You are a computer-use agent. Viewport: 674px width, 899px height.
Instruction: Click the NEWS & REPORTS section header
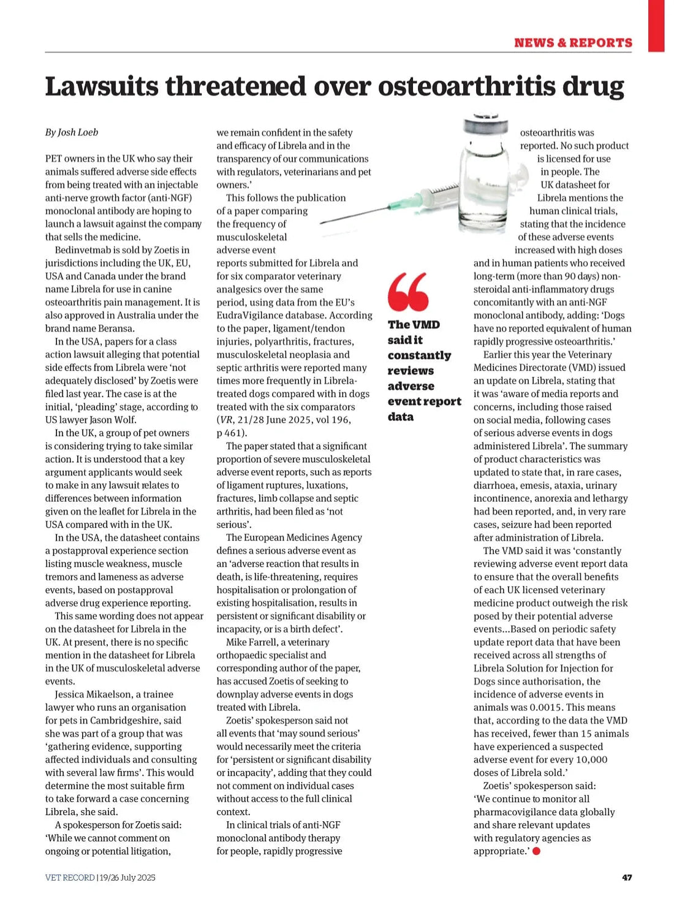click(573, 43)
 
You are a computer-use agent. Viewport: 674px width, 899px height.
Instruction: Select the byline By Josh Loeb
click(72, 132)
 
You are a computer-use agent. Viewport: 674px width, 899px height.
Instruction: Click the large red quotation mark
click(407, 292)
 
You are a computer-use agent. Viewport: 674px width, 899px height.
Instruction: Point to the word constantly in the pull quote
click(419, 355)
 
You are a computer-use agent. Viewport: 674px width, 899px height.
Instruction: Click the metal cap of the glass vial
click(487, 124)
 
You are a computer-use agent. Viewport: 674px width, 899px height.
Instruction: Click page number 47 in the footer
click(627, 878)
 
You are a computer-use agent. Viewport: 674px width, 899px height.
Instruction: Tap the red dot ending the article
click(537, 851)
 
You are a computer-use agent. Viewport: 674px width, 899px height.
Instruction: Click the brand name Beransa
click(115, 328)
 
